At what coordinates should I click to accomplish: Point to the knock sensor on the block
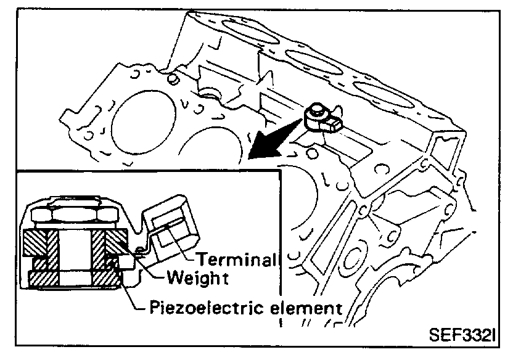click(x=319, y=117)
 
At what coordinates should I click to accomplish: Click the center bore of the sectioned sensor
click(x=75, y=253)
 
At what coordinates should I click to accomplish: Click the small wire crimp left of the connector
click(x=139, y=250)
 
